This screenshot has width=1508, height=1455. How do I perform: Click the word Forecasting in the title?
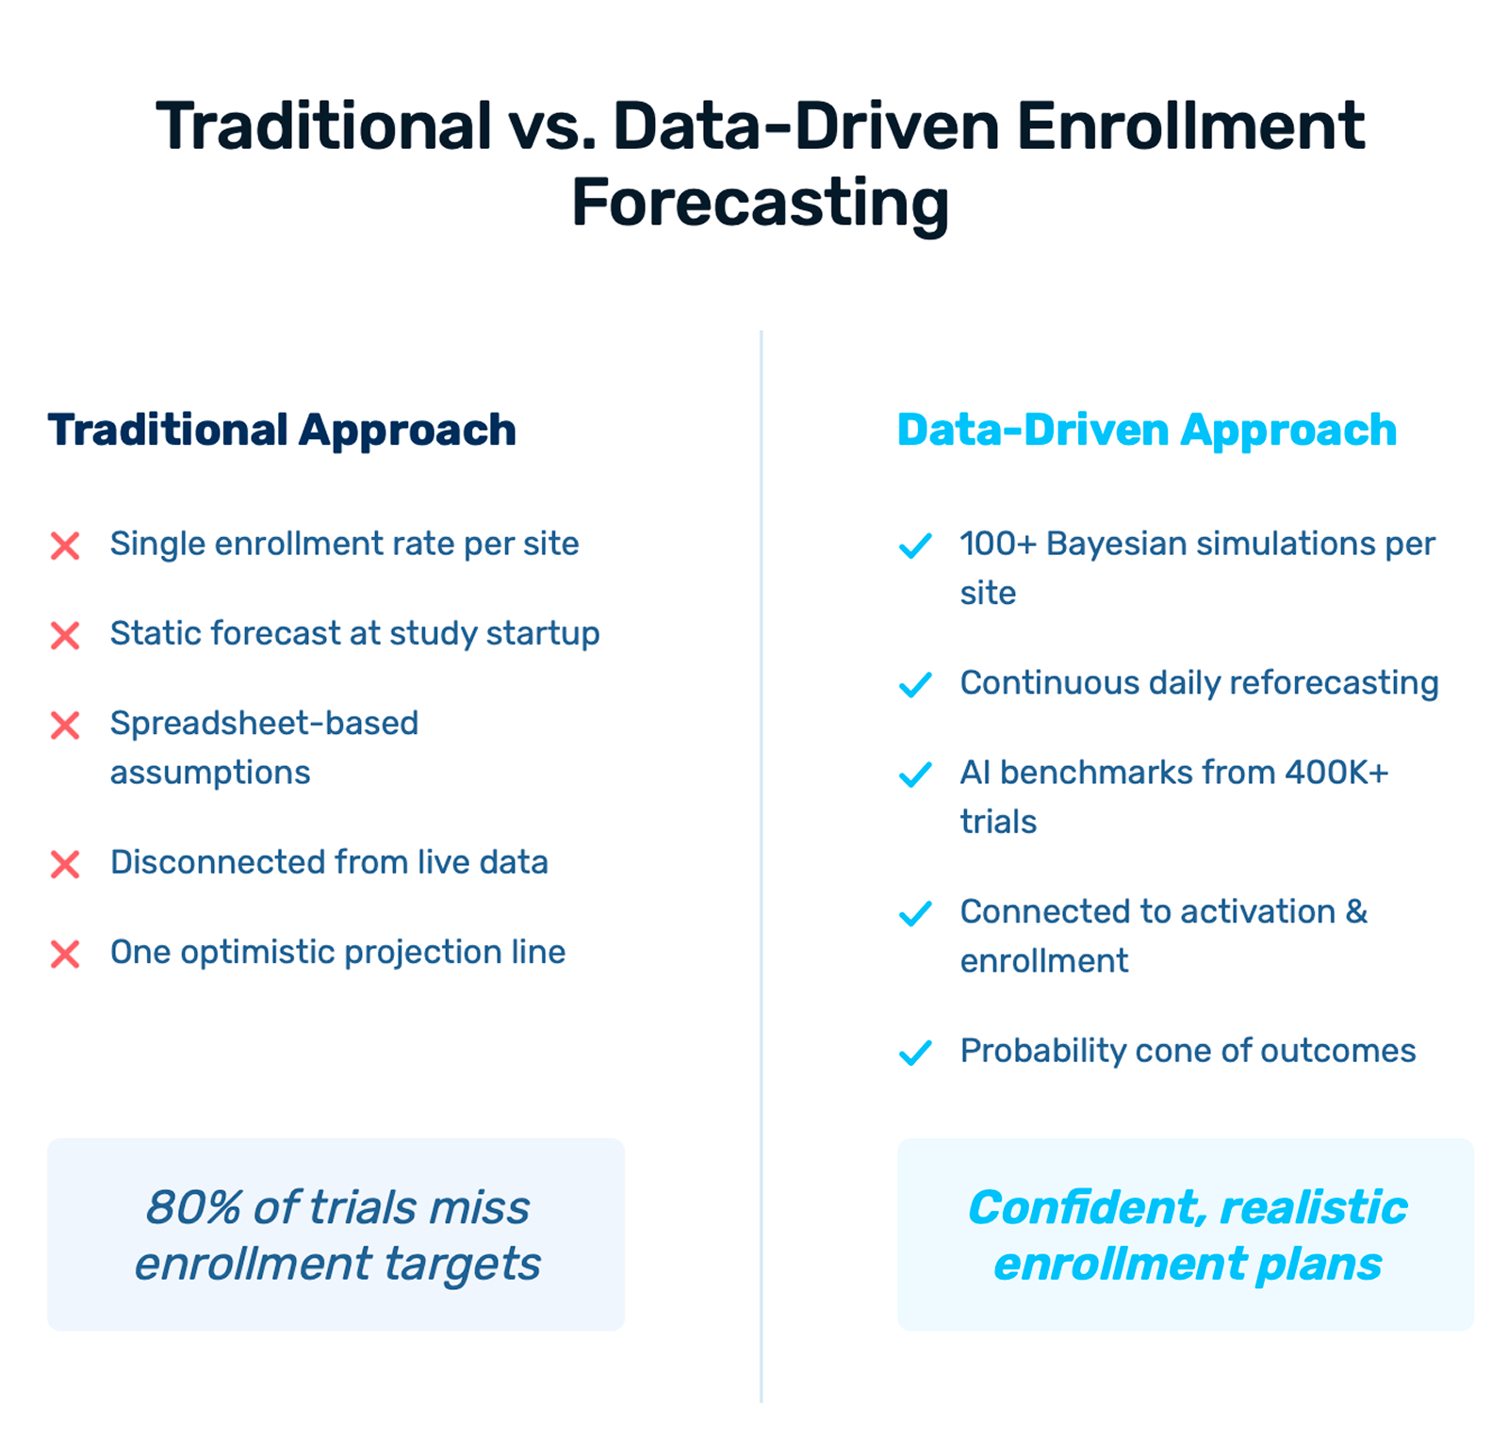(x=760, y=204)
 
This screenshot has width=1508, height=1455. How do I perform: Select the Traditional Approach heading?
(x=282, y=431)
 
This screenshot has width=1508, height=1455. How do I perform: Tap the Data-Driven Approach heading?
(x=1146, y=431)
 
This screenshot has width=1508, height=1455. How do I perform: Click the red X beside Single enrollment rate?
(x=65, y=546)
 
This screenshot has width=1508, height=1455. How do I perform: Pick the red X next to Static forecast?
(x=65, y=635)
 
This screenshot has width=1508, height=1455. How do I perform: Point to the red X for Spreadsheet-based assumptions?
(x=65, y=726)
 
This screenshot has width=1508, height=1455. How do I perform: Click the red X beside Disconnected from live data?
(x=65, y=864)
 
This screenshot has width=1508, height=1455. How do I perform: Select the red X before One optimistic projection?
(x=65, y=954)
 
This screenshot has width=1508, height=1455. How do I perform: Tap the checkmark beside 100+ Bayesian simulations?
(x=915, y=546)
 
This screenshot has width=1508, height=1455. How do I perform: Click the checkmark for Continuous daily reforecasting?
(x=915, y=684)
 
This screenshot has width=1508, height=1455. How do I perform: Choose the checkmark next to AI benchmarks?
(x=915, y=775)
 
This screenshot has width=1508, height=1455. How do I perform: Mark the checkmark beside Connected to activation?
(x=915, y=913)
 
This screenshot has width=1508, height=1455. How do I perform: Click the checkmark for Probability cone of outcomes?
(x=915, y=1052)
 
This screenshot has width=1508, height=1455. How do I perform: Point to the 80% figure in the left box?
(x=193, y=1207)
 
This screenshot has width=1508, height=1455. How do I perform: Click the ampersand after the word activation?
(x=1356, y=911)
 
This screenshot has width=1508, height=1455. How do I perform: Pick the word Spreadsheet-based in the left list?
(x=264, y=724)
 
